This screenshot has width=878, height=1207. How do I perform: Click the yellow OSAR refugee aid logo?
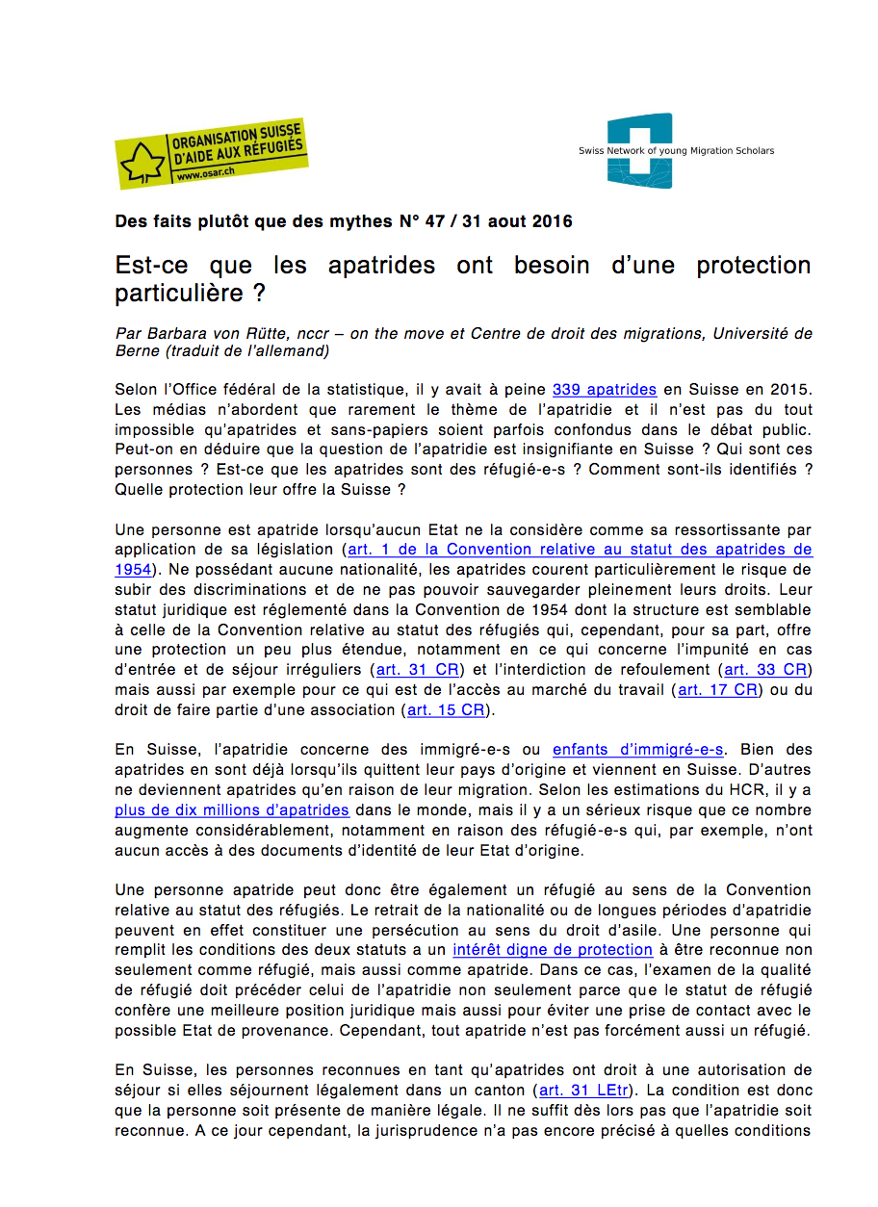coord(211,153)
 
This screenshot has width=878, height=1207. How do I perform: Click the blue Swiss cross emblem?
coord(639,150)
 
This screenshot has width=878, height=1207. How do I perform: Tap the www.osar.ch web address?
coord(201,176)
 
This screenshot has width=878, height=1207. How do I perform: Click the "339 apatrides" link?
coord(605,390)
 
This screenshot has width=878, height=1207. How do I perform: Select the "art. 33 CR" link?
coord(765,669)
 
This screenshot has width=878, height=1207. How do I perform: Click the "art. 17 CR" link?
coord(718,689)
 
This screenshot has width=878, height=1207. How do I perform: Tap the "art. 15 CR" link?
coord(446,709)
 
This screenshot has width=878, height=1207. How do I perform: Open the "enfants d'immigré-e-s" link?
coord(638,750)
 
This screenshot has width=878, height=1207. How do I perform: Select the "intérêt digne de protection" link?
coord(539,950)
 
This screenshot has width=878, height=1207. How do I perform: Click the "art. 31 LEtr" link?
coord(585,1091)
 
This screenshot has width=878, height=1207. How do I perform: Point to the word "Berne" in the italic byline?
coord(137,351)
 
